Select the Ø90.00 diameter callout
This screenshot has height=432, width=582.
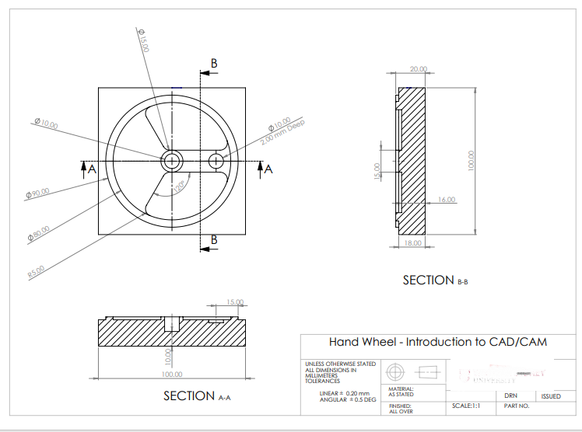point(38,192)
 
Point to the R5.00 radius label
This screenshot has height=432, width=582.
point(37,271)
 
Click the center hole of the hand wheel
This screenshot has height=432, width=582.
point(172,161)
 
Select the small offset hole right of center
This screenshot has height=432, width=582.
point(216,161)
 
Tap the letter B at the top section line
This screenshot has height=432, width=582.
point(214,63)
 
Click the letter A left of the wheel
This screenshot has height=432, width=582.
point(91,169)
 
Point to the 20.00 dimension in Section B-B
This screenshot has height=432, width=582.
point(419,69)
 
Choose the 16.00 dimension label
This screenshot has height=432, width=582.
point(447,200)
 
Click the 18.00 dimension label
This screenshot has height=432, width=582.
point(412,243)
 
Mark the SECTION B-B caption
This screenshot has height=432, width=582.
point(435,280)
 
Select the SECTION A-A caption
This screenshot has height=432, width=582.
point(197,396)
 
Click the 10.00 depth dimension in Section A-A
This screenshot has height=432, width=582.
point(167,356)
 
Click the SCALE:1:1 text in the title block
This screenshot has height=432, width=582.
point(465,406)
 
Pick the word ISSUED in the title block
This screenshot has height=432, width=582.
point(551,396)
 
